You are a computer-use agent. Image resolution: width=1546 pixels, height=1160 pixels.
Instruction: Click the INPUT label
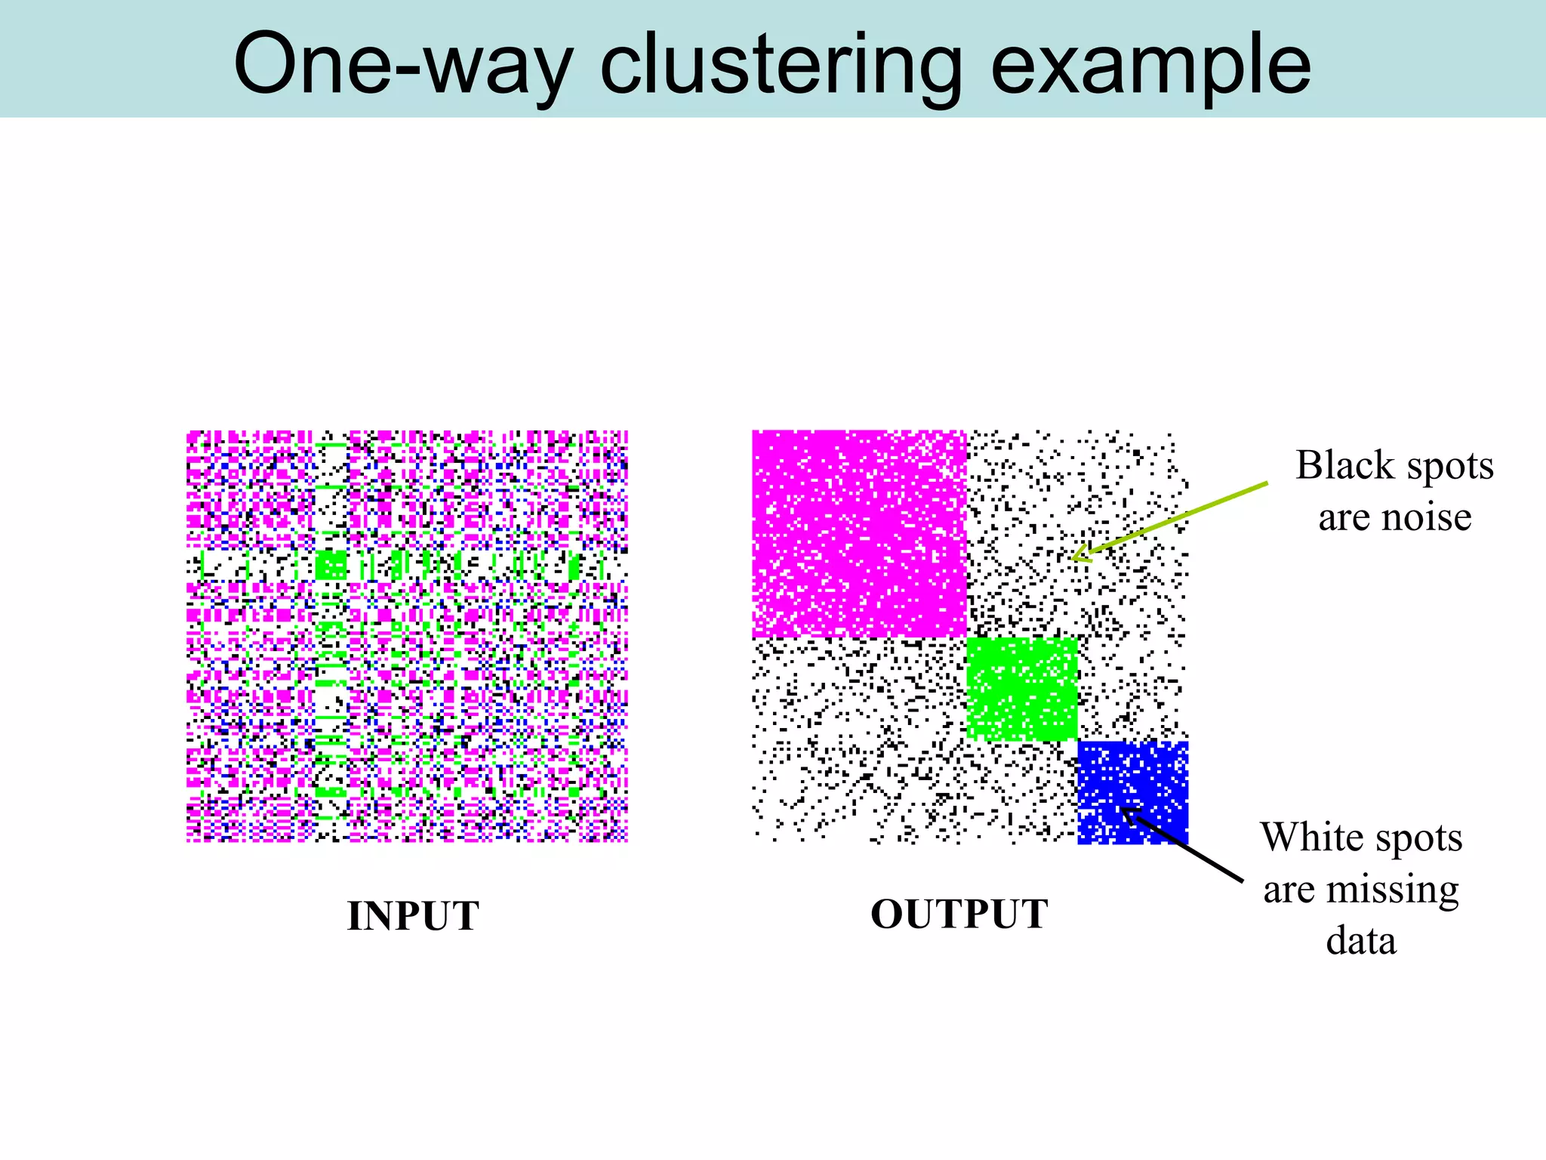click(413, 916)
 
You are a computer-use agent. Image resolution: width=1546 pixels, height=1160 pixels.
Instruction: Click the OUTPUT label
click(959, 914)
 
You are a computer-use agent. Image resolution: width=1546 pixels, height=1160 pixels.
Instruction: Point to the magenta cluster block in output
click(859, 533)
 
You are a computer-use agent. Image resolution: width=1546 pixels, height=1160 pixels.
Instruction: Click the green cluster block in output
click(1021, 689)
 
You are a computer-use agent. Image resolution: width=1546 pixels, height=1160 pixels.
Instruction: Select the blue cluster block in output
click(1132, 791)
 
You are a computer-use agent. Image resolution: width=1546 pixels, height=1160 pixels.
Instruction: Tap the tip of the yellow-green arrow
click(1074, 558)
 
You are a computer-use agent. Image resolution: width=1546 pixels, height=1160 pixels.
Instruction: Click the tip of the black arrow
click(1122, 810)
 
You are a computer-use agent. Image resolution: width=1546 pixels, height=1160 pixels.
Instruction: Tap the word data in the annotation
click(1361, 941)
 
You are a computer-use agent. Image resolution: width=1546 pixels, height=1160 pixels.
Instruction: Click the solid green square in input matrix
click(331, 564)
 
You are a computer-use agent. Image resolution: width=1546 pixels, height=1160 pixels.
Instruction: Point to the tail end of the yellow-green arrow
click(1267, 483)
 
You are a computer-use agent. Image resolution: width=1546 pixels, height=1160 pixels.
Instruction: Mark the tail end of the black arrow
click(1242, 881)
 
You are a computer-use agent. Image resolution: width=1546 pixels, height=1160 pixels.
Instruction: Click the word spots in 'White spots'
click(1418, 837)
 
